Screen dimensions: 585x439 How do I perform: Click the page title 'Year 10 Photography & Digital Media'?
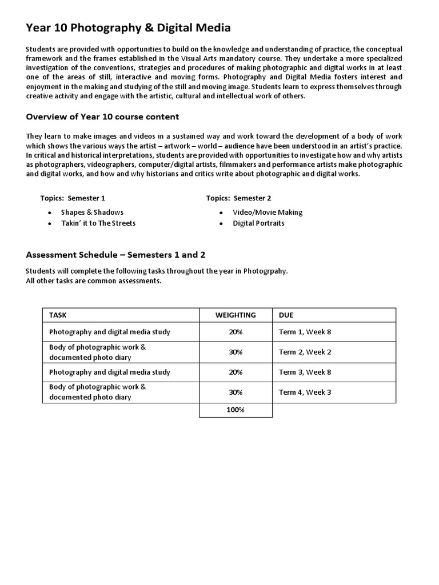click(128, 28)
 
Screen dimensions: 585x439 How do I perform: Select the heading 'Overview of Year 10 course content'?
click(102, 117)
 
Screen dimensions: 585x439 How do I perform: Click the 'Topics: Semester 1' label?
click(73, 198)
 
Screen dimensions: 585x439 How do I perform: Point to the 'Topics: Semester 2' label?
click(239, 198)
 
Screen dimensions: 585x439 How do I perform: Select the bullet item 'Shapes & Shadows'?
click(92, 212)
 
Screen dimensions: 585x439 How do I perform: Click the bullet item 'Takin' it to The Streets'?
click(98, 223)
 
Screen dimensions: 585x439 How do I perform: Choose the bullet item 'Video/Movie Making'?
click(268, 212)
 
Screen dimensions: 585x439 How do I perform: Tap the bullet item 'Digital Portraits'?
click(258, 223)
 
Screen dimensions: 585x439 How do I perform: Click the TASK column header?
click(58, 315)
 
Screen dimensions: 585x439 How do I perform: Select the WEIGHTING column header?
click(236, 315)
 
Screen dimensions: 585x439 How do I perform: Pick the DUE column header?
click(286, 315)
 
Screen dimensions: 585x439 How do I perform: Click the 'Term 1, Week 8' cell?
click(305, 332)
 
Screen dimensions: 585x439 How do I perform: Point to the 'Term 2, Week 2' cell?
click(305, 352)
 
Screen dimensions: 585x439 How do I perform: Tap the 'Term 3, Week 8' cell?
click(305, 372)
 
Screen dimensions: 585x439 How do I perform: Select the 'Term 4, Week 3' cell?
click(305, 392)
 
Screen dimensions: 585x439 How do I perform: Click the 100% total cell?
click(236, 410)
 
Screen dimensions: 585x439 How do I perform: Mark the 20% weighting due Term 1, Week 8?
click(236, 332)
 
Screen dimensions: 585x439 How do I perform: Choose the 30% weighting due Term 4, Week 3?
click(236, 392)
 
